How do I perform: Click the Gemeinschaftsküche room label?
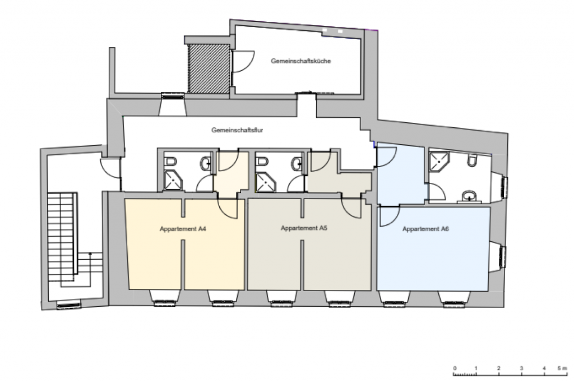[x=301, y=61]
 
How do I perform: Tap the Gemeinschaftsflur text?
[x=237, y=130]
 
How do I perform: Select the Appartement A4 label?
[x=183, y=229]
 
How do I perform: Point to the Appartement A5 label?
[x=304, y=228]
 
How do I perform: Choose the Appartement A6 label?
[x=425, y=229]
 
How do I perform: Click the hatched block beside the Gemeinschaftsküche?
[x=209, y=68]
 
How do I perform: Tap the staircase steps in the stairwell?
[x=62, y=236]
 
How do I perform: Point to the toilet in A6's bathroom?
[x=473, y=160]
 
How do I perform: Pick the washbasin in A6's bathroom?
[x=469, y=196]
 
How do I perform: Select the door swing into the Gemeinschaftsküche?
[x=242, y=61]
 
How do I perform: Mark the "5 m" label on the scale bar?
[x=562, y=368]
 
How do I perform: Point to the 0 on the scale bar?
[x=455, y=368]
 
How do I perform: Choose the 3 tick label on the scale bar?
[x=521, y=368]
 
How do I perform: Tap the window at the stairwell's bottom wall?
[x=69, y=304]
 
